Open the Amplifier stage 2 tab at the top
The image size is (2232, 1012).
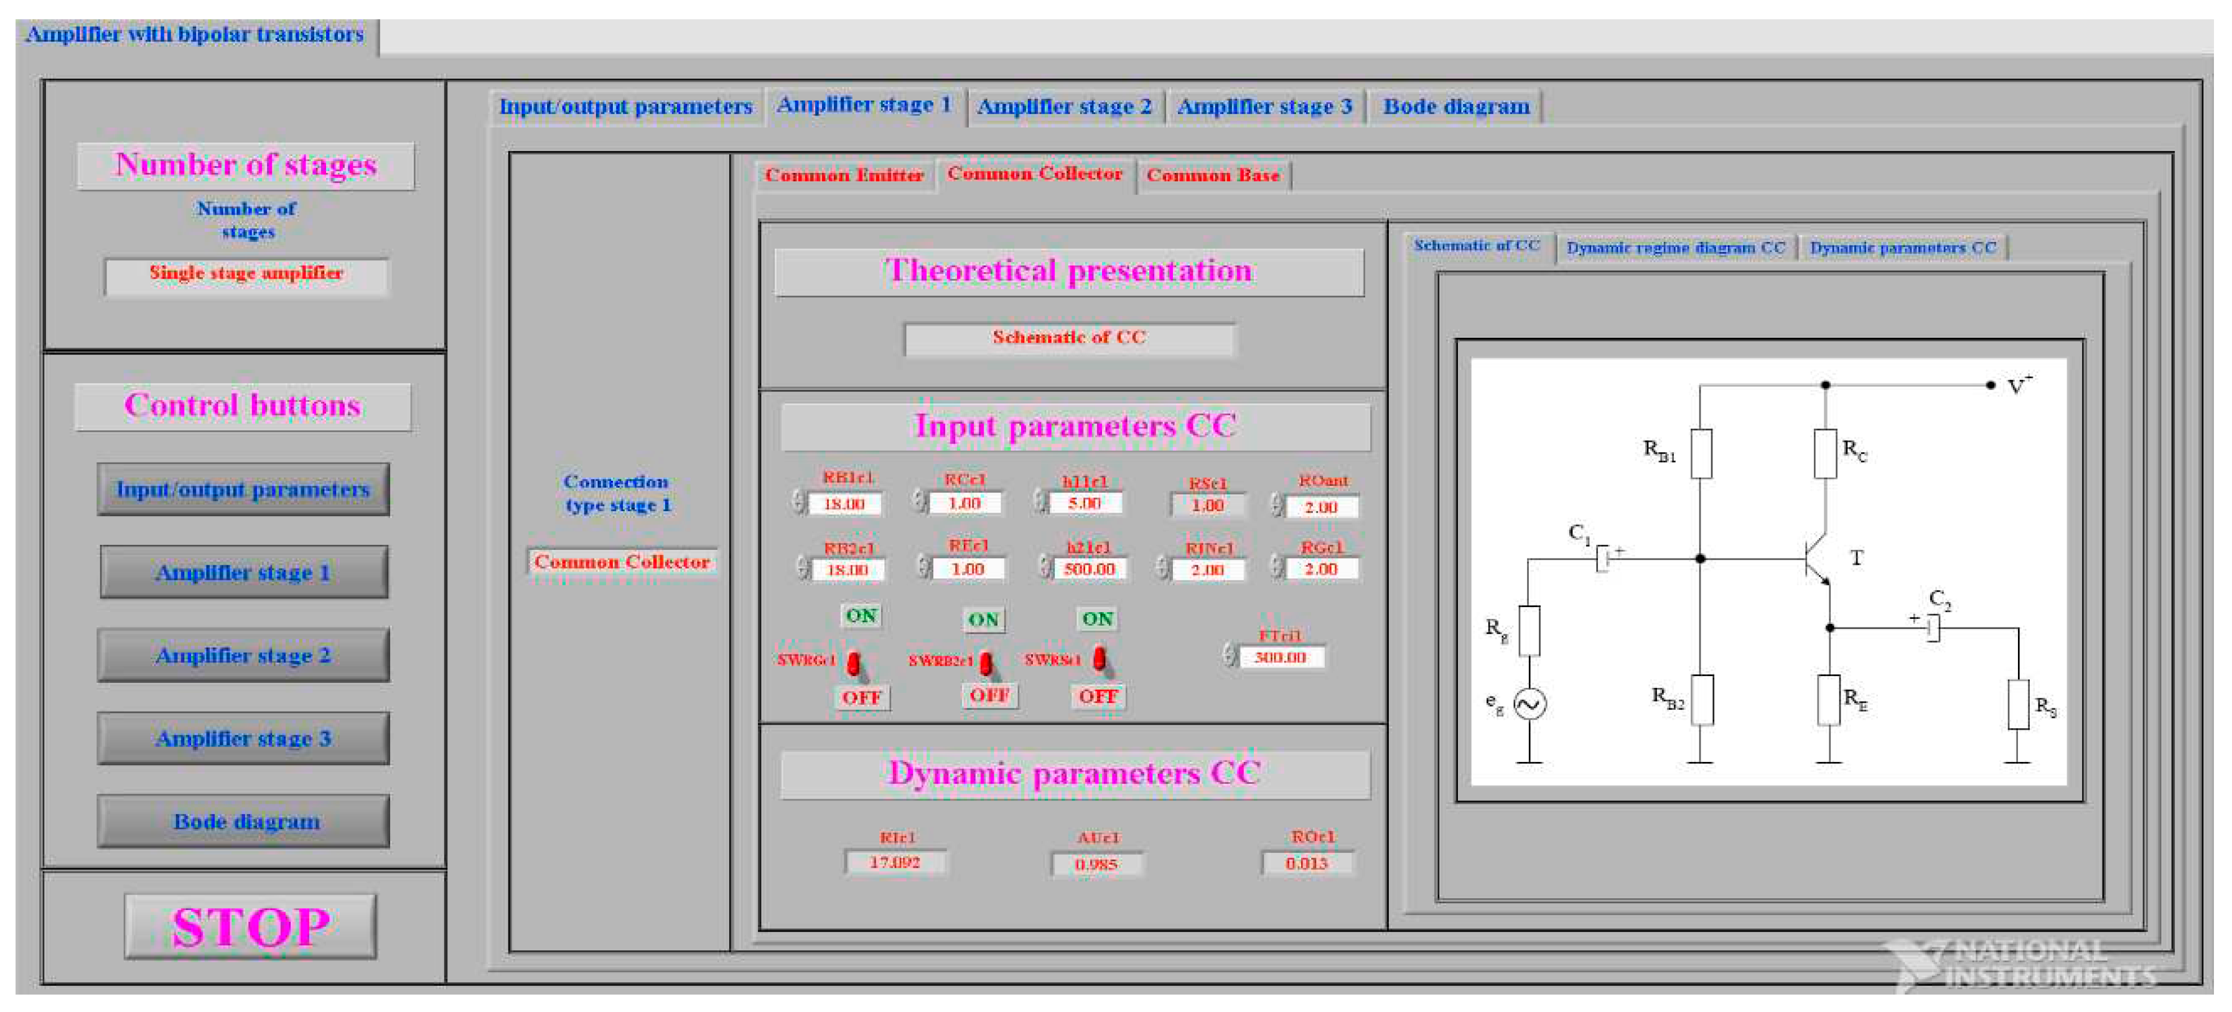[1064, 106]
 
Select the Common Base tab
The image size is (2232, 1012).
[1212, 175]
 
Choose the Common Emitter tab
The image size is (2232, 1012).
[843, 175]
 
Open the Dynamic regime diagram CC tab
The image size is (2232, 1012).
[1675, 248]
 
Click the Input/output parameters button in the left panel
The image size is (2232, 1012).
[243, 490]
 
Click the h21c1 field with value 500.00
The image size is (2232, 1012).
[1089, 569]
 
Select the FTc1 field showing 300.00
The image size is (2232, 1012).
[1280, 657]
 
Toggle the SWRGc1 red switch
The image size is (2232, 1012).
[854, 664]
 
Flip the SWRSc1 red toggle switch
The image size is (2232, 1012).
[1100, 659]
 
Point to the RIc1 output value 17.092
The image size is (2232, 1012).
[895, 863]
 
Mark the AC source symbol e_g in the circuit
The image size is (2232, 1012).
[1529, 703]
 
